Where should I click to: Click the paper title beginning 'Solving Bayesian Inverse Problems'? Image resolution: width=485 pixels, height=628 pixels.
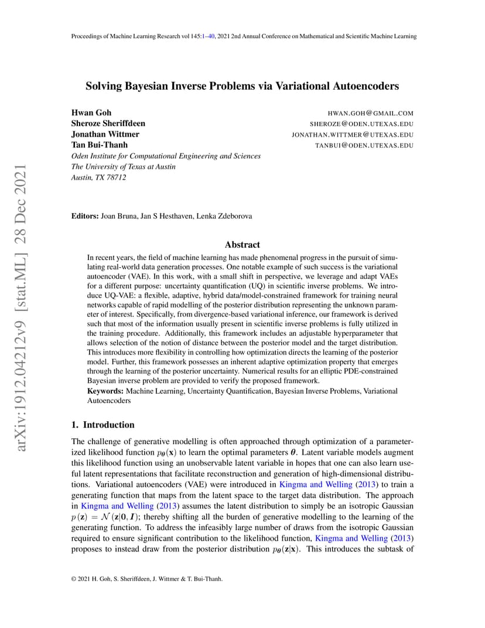(242, 86)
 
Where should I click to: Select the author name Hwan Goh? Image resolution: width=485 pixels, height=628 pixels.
(91, 112)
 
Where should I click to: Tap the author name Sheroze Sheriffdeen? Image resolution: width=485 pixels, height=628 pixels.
(108, 123)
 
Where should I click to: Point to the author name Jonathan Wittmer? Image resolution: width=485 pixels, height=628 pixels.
(105, 134)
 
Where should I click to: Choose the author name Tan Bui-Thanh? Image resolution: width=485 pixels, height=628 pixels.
(100, 145)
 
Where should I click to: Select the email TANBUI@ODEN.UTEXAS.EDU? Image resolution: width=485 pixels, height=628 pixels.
(364, 145)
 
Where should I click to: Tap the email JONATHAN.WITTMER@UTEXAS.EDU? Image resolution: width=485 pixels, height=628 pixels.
(353, 135)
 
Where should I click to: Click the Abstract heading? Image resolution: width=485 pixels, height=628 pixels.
(242, 245)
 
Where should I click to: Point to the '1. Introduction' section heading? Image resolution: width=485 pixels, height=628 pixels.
(103, 425)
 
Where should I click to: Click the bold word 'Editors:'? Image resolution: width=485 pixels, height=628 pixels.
(85, 216)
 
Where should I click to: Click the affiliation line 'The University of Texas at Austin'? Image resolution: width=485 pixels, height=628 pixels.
(123, 166)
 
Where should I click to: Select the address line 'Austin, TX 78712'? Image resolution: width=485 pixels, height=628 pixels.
(98, 178)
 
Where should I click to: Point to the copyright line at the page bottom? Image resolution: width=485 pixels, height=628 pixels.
(146, 579)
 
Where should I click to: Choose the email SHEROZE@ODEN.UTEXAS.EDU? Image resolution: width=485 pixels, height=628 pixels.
(361, 124)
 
